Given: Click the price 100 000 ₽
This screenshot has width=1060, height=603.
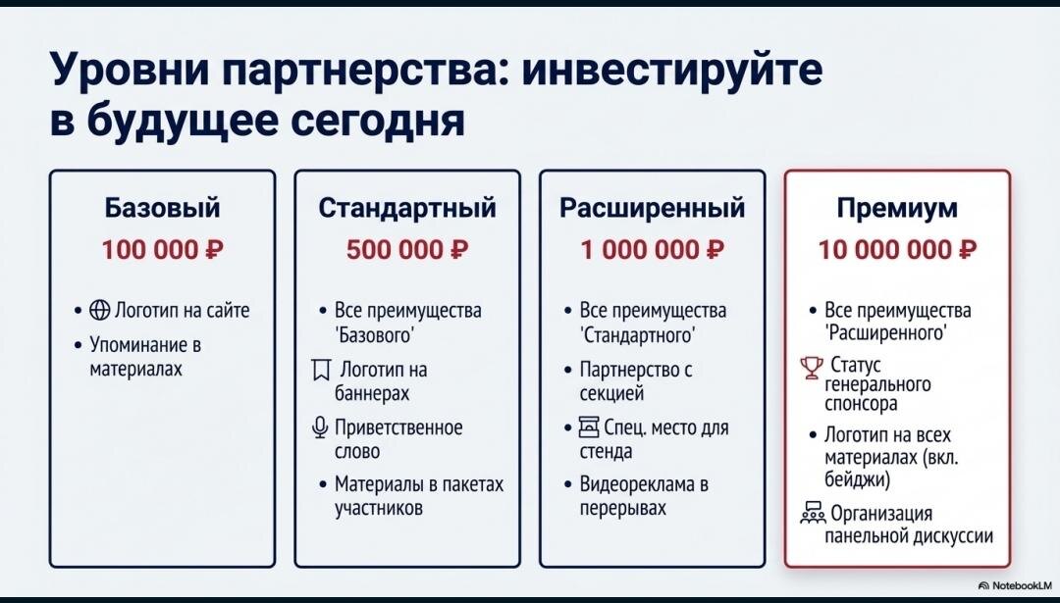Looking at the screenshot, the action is coord(162,250).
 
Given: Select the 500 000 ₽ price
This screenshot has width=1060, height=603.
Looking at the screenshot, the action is coord(407,250).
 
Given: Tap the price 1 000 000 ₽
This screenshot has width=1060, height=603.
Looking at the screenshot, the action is coord(653,250).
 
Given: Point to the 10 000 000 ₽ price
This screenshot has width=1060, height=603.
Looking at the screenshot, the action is coord(898,250).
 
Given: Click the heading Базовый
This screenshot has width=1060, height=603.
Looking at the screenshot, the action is coord(162,207).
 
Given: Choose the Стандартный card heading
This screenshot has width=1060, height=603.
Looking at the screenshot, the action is coord(407,208).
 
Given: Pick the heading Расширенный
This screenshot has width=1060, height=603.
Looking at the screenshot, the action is coord(653,208).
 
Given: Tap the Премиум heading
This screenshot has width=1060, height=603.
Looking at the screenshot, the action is coord(898,208).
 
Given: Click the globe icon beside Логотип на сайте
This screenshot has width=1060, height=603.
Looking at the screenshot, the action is coord(99,310).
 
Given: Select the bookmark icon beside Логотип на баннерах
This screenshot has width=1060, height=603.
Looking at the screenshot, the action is coord(320,371).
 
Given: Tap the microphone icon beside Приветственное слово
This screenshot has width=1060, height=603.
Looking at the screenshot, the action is coord(320,428).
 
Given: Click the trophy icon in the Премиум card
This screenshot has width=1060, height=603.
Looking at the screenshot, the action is coord(812,368).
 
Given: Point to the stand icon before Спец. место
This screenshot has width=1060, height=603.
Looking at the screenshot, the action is coord(589,427).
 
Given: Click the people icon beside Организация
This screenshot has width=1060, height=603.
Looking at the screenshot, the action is coord(813,513).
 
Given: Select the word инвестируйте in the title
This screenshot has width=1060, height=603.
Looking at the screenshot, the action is coord(674,70).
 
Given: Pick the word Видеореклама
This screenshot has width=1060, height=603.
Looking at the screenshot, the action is coord(638,484).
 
